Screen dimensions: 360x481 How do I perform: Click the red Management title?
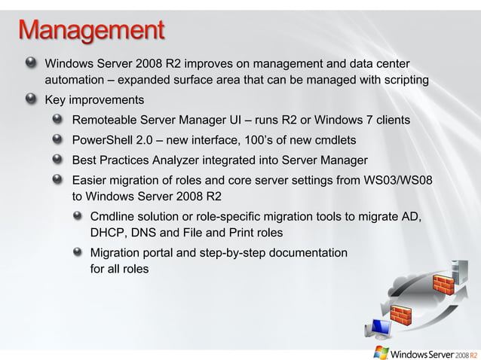91,32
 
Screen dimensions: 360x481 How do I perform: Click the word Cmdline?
112,217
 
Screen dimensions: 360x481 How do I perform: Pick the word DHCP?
108,233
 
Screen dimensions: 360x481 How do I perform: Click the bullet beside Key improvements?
30,99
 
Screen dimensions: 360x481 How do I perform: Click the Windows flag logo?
381,352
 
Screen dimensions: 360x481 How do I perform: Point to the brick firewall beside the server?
443,285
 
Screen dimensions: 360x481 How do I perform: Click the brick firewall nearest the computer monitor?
401,316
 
